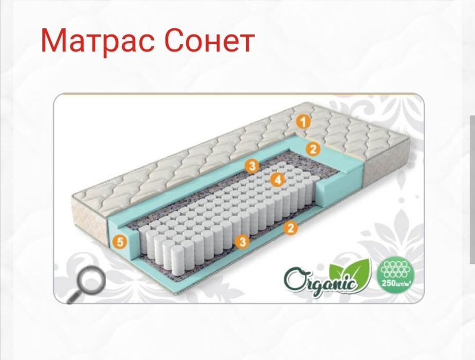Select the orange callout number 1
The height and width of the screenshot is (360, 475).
point(303,122)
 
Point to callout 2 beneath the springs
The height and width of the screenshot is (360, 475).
point(291,228)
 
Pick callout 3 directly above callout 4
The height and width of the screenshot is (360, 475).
point(251,166)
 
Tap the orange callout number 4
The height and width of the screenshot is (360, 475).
point(277,179)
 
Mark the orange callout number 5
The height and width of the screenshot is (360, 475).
point(120,241)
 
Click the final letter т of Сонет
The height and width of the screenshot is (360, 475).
point(245,43)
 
